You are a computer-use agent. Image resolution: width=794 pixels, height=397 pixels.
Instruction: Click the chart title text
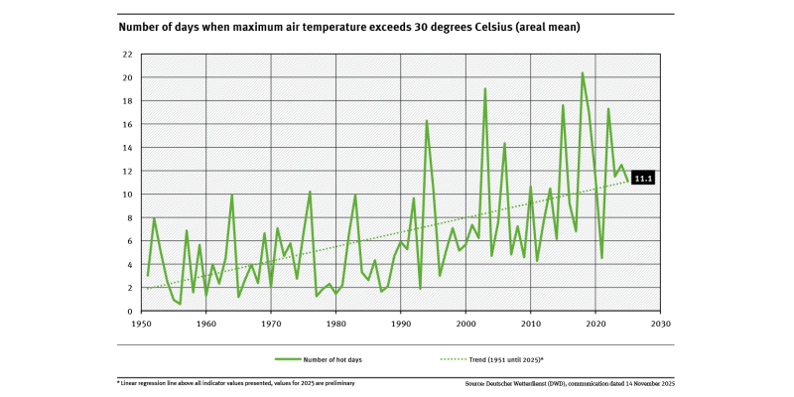coord(348,28)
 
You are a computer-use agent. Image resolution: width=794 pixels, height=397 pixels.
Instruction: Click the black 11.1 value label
coord(644,178)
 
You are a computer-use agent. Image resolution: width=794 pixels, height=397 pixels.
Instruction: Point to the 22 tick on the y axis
coord(128,55)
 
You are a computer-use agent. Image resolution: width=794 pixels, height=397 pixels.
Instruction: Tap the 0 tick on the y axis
coord(130,311)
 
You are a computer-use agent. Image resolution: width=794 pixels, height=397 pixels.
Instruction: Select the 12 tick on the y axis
coord(128,171)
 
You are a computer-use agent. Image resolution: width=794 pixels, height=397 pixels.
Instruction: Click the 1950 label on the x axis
coord(141,324)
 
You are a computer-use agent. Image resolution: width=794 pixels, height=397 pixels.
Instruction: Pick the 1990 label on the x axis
coord(401,324)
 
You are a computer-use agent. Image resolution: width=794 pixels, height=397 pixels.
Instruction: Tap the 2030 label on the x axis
coord(661,324)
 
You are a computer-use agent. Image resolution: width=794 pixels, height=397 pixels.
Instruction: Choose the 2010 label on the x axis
coord(531,324)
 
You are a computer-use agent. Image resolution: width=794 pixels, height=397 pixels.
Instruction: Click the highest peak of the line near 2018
coord(583,73)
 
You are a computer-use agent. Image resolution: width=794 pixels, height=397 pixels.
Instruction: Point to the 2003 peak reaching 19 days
coord(485,89)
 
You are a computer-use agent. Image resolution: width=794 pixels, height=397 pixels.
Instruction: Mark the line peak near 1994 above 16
coord(427,121)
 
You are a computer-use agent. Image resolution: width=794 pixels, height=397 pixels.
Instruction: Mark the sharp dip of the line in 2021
coord(602,258)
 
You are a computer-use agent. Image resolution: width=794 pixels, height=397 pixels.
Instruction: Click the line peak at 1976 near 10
coord(310,192)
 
